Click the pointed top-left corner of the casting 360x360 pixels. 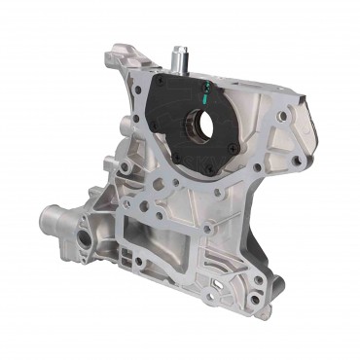pyautogui.click(x=115, y=46)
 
